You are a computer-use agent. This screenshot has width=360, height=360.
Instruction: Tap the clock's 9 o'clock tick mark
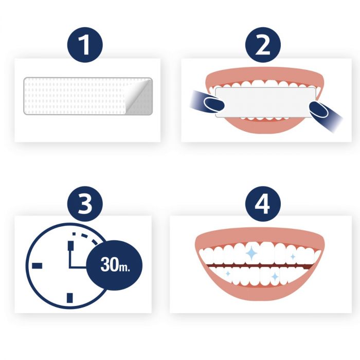[x=36, y=265]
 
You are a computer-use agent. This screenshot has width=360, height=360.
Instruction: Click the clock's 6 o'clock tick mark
[x=70, y=297]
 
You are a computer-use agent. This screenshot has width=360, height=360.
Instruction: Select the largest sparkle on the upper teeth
[x=253, y=253]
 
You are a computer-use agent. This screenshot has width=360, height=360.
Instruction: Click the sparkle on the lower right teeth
[x=275, y=277]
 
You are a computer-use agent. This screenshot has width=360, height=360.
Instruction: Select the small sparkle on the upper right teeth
[x=292, y=256]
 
